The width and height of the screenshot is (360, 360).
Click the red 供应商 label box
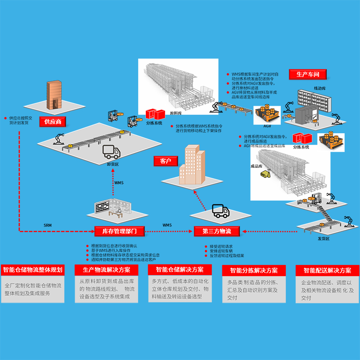click(53, 121)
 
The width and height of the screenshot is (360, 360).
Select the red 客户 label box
click(166, 161)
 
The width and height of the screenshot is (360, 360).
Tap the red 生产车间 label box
click(310, 74)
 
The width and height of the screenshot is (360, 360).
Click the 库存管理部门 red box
click(119, 231)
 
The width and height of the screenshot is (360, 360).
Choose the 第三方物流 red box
click(216, 231)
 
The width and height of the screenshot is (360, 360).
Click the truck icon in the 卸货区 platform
click(112, 152)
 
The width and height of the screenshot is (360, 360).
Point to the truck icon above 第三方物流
click(220, 211)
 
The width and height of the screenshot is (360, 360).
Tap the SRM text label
click(48, 225)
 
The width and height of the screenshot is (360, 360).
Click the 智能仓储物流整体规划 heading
click(32, 270)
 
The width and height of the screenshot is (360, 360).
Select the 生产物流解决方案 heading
click(107, 270)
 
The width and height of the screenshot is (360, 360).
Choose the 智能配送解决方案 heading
click(327, 270)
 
